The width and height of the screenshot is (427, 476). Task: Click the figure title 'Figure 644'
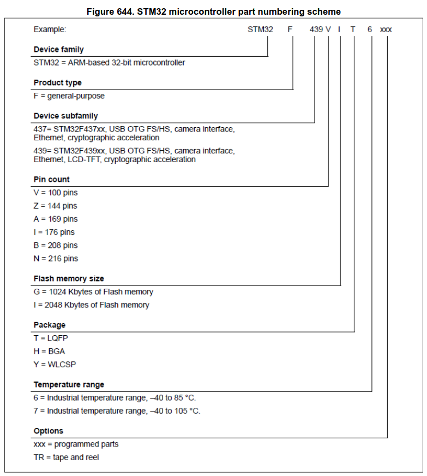click(213, 11)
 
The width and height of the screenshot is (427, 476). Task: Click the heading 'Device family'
click(58, 50)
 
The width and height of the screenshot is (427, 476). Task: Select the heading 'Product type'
click(58, 83)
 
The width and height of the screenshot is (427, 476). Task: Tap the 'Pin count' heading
click(52, 180)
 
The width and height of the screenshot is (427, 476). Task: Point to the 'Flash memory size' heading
click(69, 278)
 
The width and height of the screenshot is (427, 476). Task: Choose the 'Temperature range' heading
click(69, 385)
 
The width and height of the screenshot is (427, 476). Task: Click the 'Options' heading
click(49, 431)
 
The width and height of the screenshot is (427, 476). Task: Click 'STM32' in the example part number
click(260, 29)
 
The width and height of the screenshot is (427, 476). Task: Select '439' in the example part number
click(316, 29)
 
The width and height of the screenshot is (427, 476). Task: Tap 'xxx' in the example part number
click(386, 29)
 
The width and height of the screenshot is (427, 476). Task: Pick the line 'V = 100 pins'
click(56, 193)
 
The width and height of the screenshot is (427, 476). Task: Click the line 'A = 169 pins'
click(56, 219)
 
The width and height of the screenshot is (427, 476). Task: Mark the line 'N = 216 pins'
click(56, 259)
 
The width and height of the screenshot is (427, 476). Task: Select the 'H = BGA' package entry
click(49, 352)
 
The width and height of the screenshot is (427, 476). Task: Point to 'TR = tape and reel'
click(66, 457)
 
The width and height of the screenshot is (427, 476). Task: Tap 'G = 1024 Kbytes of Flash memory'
click(93, 292)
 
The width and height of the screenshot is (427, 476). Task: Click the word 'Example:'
click(50, 29)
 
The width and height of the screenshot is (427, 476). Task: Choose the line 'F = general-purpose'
click(69, 96)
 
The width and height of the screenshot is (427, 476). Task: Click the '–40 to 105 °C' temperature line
click(117, 411)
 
